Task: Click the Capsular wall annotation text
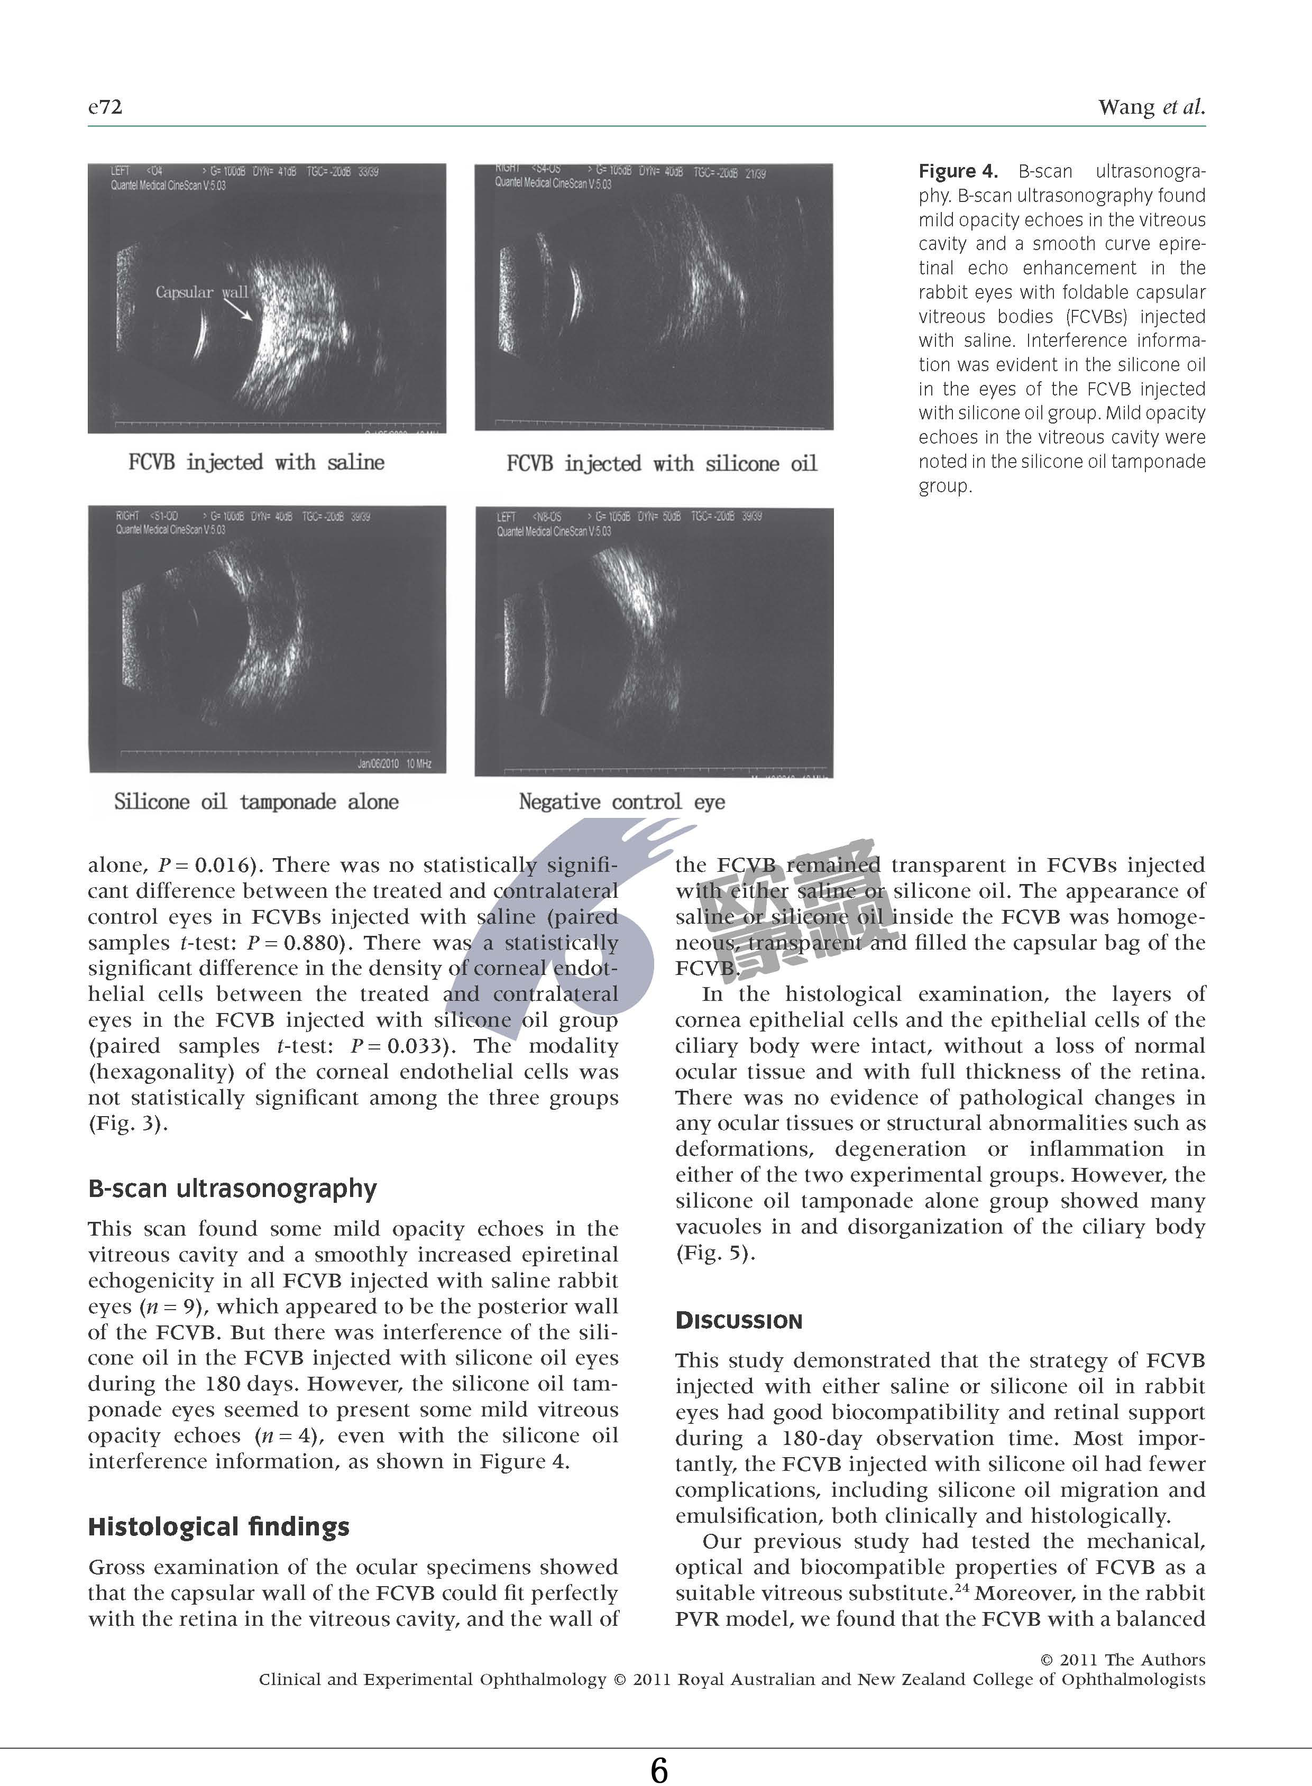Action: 201,292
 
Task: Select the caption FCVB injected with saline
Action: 256,462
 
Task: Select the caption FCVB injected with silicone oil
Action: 661,463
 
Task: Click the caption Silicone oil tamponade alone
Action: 256,802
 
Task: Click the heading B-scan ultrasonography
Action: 232,1189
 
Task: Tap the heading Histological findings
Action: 218,1526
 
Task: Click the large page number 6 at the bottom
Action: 658,1771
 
